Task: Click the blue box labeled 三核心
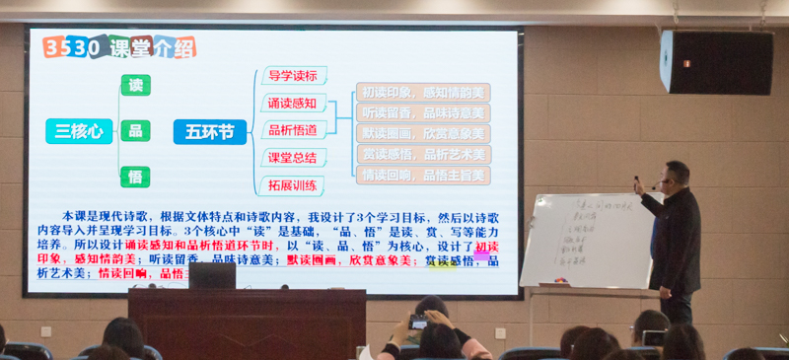(x=78, y=130)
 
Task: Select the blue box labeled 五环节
(x=209, y=130)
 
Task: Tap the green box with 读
(x=135, y=85)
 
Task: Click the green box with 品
(x=135, y=130)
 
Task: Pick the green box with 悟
(x=135, y=176)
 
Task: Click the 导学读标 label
(x=293, y=75)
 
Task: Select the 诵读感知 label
(x=293, y=103)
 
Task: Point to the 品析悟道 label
(x=293, y=129)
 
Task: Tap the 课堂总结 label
(x=293, y=157)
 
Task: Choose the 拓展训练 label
(x=293, y=184)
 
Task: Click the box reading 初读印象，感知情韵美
(x=422, y=93)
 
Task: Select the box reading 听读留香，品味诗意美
(x=422, y=113)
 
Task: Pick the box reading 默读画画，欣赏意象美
(x=422, y=134)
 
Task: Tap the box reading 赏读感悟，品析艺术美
(x=422, y=155)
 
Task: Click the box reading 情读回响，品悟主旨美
(x=422, y=176)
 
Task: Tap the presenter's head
(x=677, y=175)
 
